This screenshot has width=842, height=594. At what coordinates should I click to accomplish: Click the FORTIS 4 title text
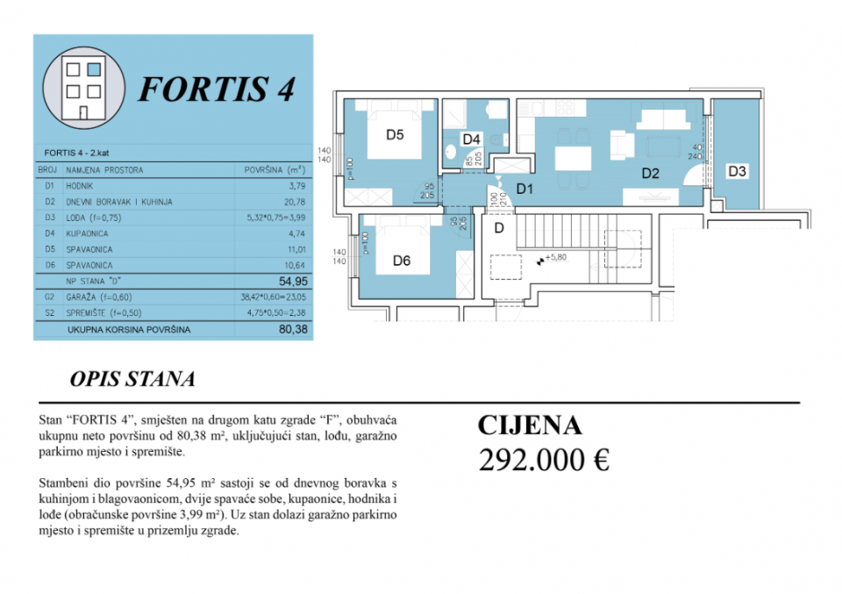[217, 89]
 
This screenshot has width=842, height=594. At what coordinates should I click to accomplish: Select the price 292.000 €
[543, 459]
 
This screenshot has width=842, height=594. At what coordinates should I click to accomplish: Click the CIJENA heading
[529, 426]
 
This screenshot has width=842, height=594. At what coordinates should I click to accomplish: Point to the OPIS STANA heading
[132, 380]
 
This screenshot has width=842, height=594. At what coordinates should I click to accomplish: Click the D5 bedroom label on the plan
[395, 135]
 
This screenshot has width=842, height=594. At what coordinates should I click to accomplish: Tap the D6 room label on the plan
[402, 260]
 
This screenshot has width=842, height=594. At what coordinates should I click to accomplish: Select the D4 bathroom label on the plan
[471, 139]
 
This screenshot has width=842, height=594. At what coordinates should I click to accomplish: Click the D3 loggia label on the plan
[737, 172]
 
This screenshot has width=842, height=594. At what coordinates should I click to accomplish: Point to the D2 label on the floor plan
[650, 173]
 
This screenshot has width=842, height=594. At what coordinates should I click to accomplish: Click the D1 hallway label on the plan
[525, 188]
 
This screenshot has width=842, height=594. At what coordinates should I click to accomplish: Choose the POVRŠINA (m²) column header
[274, 170]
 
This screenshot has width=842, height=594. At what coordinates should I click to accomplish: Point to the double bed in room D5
[396, 132]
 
